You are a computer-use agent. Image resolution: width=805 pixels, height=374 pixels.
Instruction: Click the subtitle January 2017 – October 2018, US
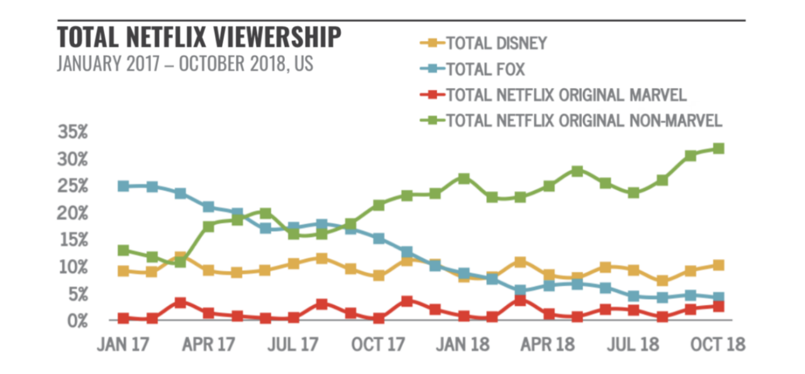(185, 64)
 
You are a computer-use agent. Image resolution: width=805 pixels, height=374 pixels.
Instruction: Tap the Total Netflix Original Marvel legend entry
(565, 95)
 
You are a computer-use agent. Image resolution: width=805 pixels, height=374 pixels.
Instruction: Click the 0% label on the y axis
(77, 320)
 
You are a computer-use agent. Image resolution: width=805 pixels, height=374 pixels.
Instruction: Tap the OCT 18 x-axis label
(718, 344)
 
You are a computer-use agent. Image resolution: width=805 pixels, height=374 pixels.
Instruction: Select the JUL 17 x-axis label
(293, 344)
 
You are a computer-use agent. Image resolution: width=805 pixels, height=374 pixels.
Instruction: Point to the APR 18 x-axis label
(548, 344)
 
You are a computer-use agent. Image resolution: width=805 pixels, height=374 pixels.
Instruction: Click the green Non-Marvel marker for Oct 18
(718, 148)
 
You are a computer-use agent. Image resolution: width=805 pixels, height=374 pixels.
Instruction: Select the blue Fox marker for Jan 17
(124, 186)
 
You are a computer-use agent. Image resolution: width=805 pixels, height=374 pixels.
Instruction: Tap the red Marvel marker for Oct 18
(718, 306)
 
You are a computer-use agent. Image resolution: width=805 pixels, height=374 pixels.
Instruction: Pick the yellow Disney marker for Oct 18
(718, 265)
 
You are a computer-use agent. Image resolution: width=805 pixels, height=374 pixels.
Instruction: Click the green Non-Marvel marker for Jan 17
(124, 251)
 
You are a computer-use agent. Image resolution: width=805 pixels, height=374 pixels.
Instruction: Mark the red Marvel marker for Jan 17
(124, 319)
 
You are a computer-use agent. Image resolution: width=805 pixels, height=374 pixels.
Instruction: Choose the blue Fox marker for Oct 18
(718, 297)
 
